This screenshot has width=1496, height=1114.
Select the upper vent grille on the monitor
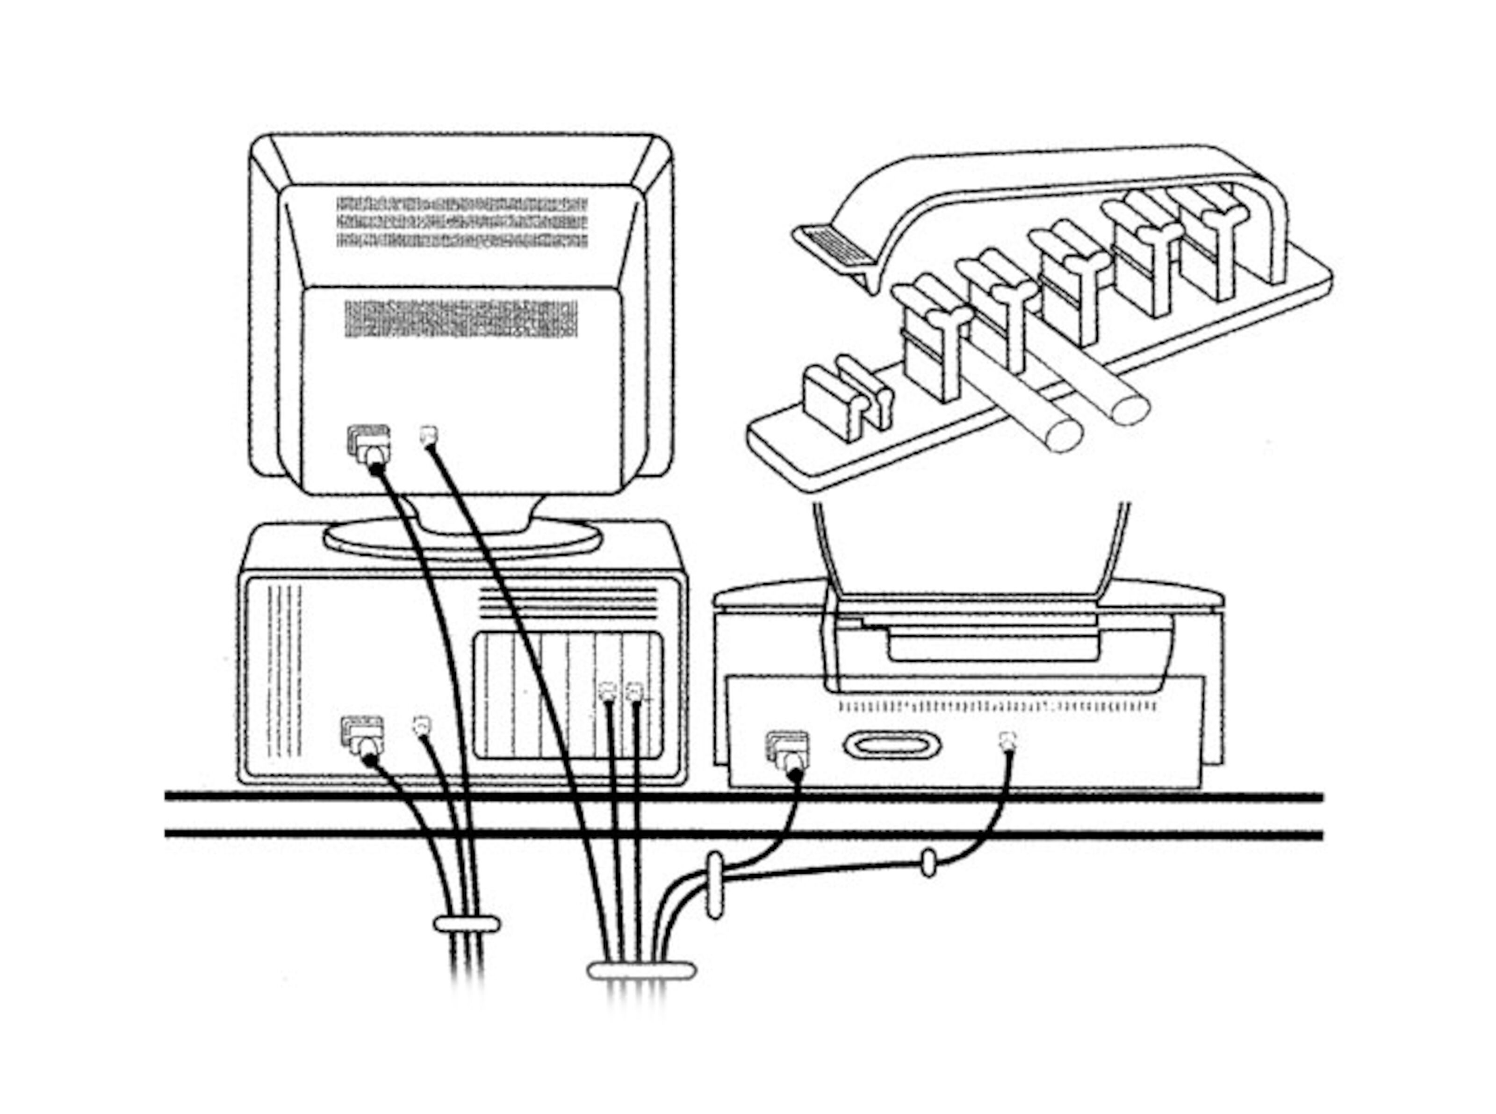pyautogui.click(x=462, y=222)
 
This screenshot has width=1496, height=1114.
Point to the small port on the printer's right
pyautogui.click(x=1008, y=740)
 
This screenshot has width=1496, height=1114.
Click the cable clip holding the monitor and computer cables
pyautogui.click(x=466, y=923)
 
